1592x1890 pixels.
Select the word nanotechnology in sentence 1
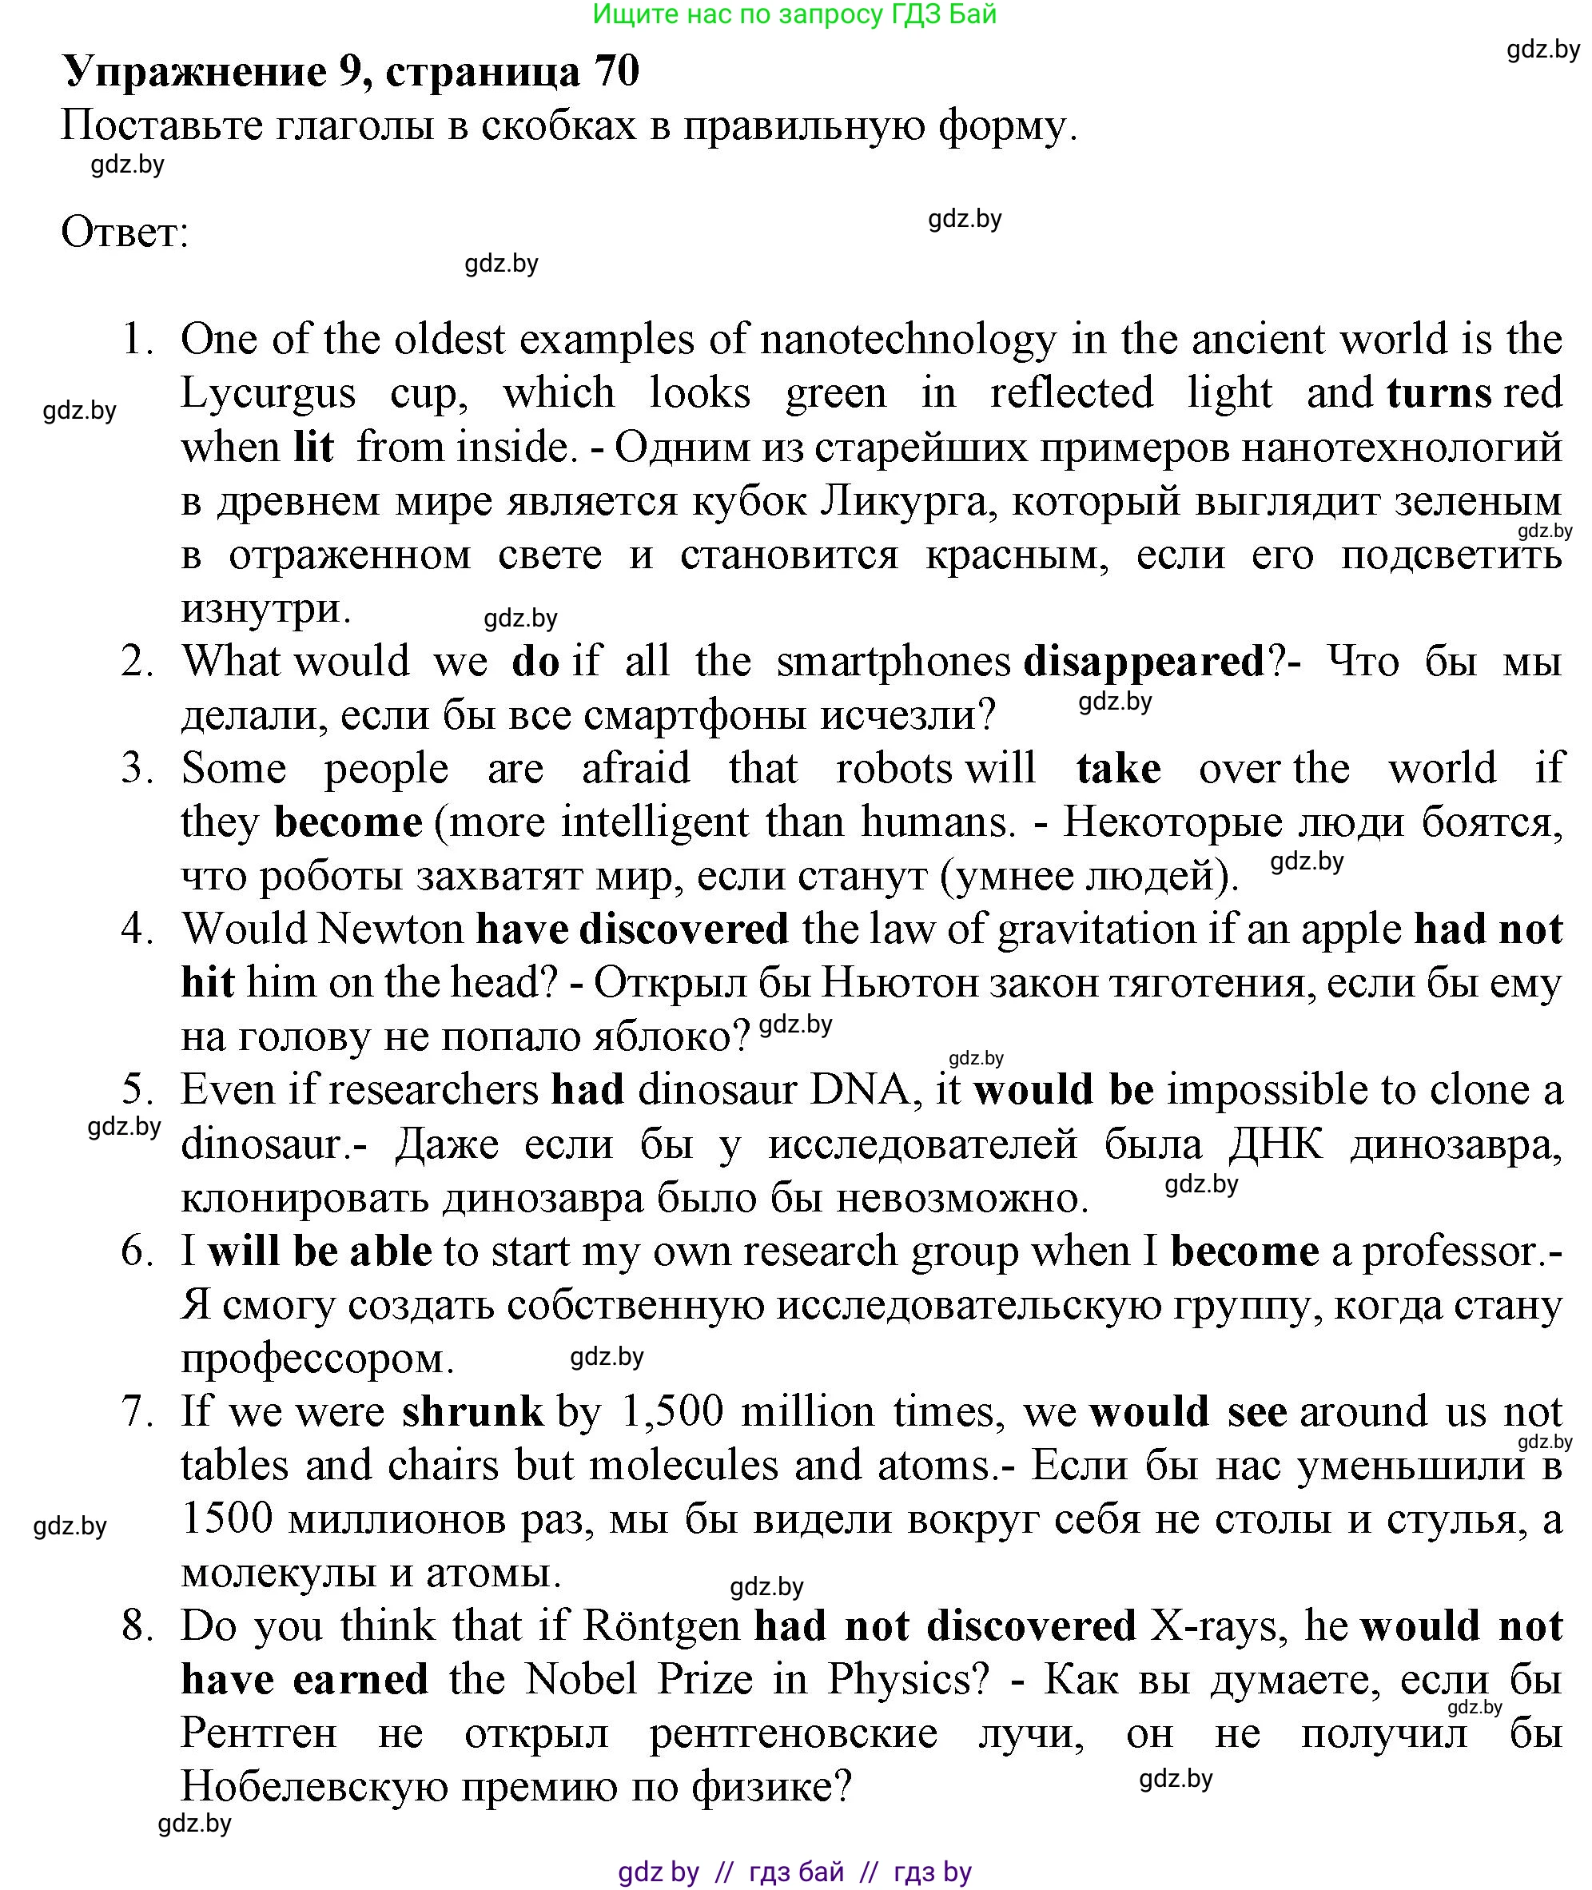907,340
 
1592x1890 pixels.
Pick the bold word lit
313,448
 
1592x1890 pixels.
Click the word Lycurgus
268,393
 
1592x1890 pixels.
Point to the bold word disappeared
1144,662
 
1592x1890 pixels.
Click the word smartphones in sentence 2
893,662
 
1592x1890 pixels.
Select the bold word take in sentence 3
1118,769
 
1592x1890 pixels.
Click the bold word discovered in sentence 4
683,929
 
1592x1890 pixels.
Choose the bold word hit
208,983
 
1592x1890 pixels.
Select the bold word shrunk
472,1411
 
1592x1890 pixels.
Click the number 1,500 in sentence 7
672,1411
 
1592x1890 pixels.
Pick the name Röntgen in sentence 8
662,1626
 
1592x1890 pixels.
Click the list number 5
137,1090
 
